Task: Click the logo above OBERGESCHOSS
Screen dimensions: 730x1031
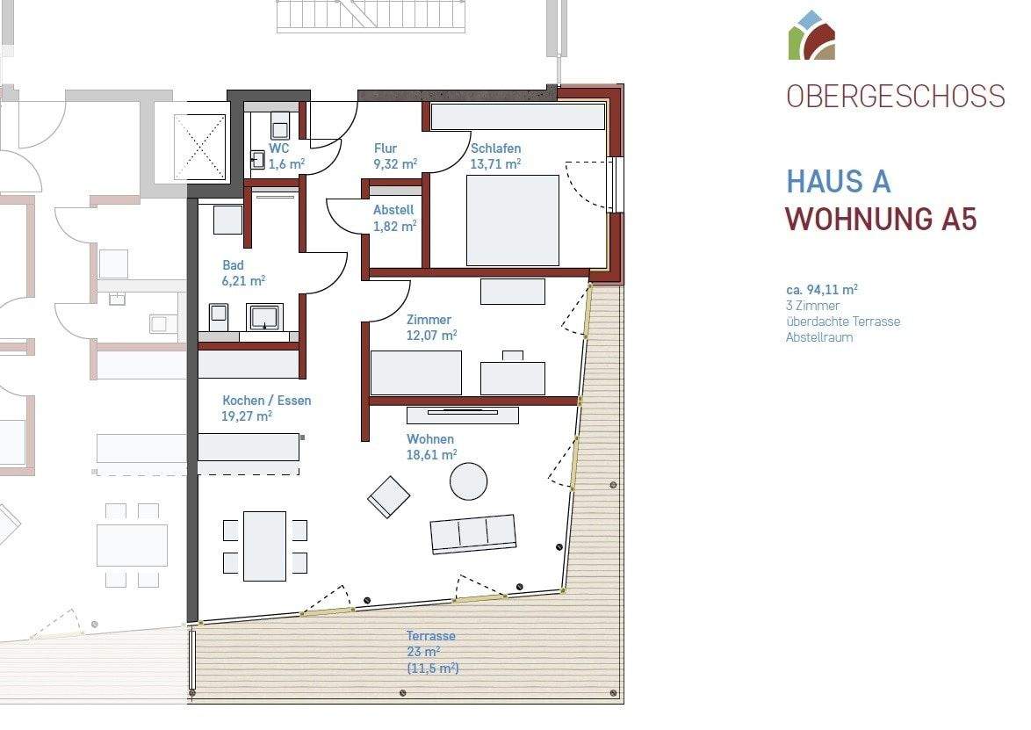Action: [x=811, y=36]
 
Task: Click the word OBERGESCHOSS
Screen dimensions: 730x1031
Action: [x=896, y=96]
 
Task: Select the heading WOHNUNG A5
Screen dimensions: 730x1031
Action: [x=881, y=218]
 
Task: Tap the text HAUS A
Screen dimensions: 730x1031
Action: [x=839, y=182]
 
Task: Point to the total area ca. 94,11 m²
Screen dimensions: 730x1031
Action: [x=821, y=289]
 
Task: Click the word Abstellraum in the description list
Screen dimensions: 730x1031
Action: [x=818, y=337]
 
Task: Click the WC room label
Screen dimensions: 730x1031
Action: [x=279, y=148]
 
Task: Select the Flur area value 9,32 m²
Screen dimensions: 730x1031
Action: [x=395, y=163]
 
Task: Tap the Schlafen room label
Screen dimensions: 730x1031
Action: [x=495, y=148]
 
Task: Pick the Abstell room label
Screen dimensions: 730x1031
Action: [x=393, y=210]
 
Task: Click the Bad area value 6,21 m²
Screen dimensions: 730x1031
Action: [x=244, y=280]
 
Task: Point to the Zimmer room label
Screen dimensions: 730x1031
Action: [x=429, y=320]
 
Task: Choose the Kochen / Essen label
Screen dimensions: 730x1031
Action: [x=266, y=401]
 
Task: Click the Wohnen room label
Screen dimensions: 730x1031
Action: [x=430, y=439]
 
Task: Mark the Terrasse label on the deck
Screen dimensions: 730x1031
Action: [x=431, y=636]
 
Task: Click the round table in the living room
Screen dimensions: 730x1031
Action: [x=469, y=481]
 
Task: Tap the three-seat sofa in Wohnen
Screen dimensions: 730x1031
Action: [x=472, y=533]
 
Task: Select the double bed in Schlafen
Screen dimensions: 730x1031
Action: [x=513, y=220]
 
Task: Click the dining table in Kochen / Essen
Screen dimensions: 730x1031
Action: [x=264, y=546]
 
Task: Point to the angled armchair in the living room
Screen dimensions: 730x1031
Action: [x=389, y=496]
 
